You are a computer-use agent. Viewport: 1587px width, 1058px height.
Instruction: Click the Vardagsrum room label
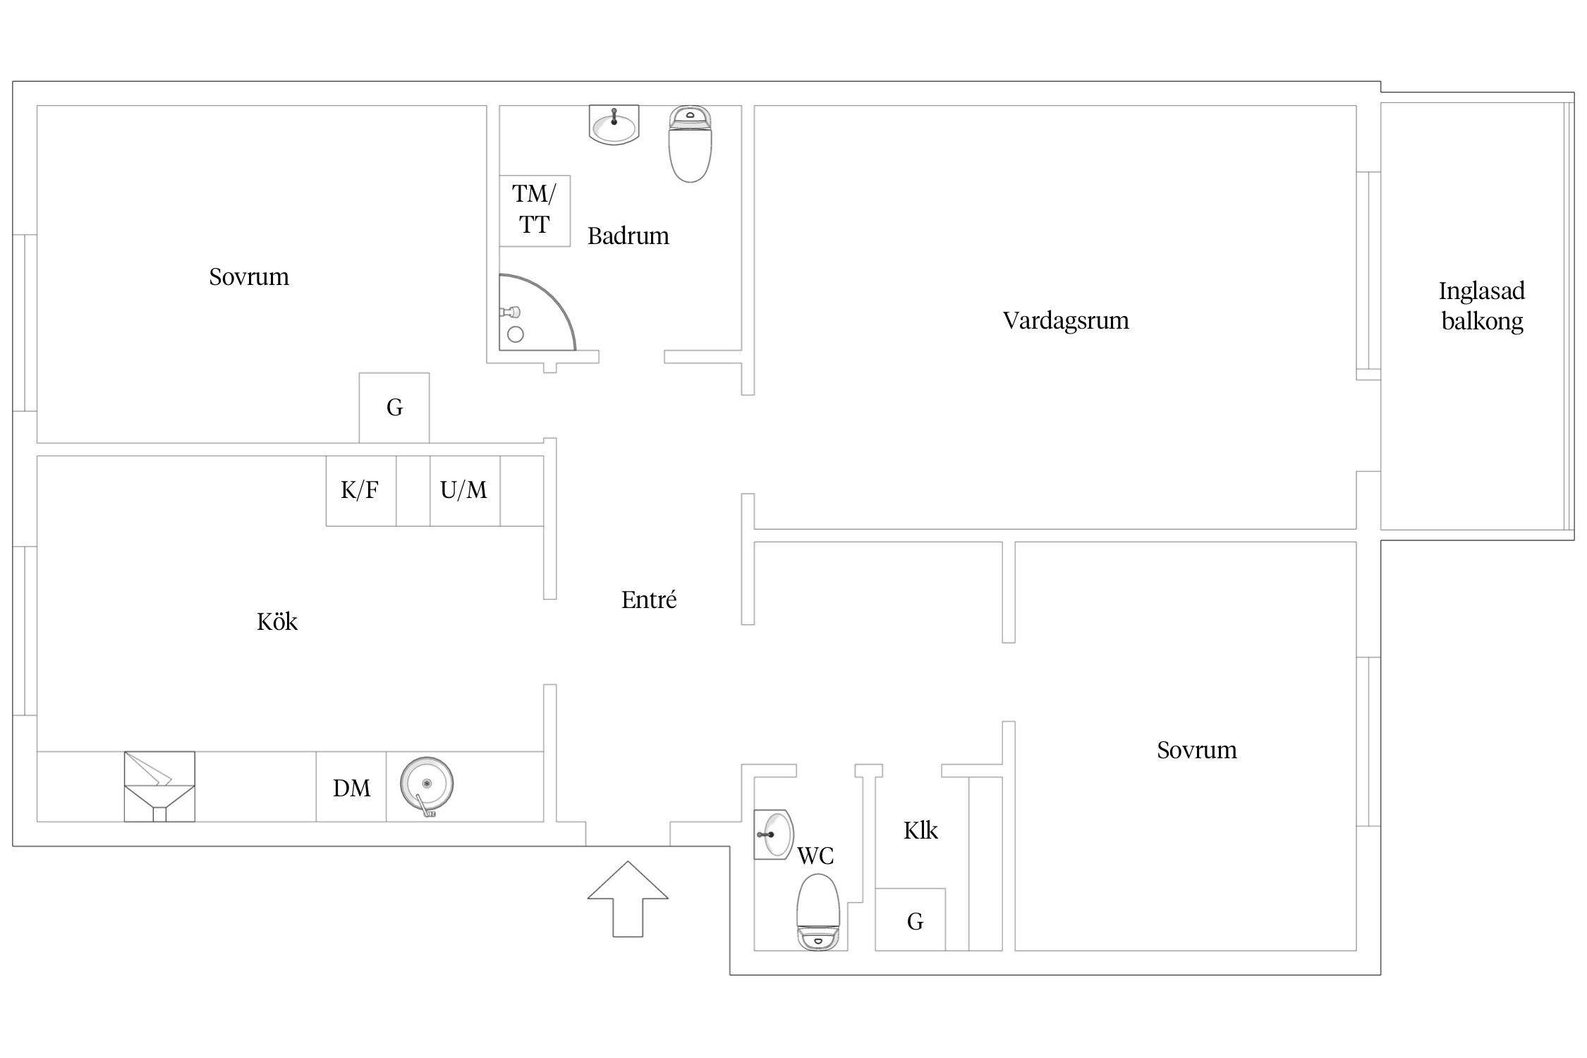tap(1066, 321)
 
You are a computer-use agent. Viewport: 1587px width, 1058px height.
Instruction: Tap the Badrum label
tap(628, 236)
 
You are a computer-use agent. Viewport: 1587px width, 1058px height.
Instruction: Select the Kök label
tap(277, 621)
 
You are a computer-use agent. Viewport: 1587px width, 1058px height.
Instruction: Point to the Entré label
tap(649, 600)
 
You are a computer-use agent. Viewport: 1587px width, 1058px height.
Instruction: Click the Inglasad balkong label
tap(1482, 306)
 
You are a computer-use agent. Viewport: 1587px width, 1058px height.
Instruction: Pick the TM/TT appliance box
tap(535, 211)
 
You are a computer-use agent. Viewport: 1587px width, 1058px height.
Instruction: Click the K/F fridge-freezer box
tap(361, 491)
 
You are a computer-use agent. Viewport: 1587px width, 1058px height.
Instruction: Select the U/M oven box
tap(466, 491)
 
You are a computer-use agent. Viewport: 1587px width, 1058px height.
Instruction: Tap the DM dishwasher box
tap(351, 786)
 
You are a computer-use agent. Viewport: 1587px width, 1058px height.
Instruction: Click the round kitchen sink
tap(427, 785)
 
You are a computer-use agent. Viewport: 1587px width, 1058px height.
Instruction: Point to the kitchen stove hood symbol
tap(159, 786)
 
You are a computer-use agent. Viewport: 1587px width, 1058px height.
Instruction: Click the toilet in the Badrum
tap(690, 144)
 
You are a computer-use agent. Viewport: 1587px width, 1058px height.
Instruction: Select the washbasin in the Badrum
tap(614, 126)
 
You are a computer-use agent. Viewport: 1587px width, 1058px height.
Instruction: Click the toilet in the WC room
tap(818, 912)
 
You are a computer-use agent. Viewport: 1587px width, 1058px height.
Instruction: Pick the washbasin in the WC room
tap(774, 834)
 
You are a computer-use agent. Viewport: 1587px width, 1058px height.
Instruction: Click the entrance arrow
tap(628, 899)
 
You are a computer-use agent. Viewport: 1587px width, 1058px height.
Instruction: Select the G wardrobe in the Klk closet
tap(911, 920)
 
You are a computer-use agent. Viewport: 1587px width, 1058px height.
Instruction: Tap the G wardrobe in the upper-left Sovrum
tap(394, 408)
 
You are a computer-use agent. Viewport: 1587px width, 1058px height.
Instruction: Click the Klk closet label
tap(920, 831)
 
